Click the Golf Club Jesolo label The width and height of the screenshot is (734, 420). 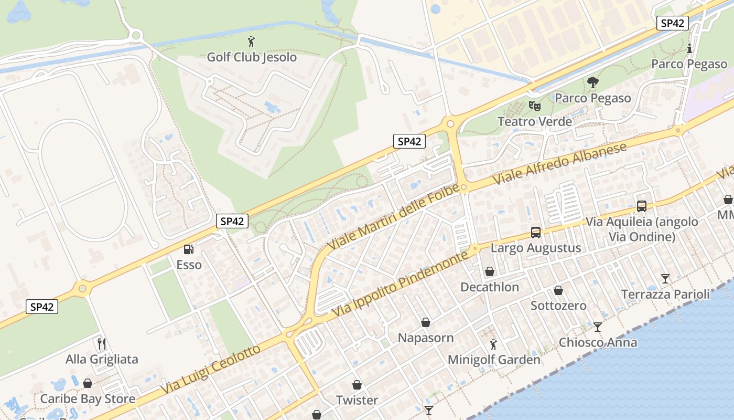pyautogui.click(x=252, y=57)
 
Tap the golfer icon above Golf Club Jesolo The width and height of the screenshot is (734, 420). pyautogui.click(x=252, y=40)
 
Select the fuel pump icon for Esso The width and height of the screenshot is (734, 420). pyautogui.click(x=188, y=249)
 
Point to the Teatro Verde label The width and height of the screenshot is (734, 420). pyautogui.click(x=534, y=121)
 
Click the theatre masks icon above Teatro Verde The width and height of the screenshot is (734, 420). pyautogui.click(x=534, y=106)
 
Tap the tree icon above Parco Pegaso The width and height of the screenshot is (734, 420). pyautogui.click(x=593, y=82)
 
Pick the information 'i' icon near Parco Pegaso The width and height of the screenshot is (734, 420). pyautogui.click(x=689, y=49)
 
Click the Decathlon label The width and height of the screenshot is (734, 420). pyautogui.click(x=489, y=287)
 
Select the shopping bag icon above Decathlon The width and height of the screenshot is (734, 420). pyautogui.click(x=489, y=271)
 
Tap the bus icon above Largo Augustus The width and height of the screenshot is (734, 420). pyautogui.click(x=535, y=232)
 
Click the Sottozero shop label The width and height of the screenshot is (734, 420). pyautogui.click(x=558, y=306)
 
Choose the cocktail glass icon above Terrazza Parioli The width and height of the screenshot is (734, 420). pyautogui.click(x=665, y=278)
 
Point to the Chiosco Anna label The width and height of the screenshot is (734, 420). pyautogui.click(x=598, y=342)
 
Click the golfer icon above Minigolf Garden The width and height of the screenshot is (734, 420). pyautogui.click(x=493, y=344)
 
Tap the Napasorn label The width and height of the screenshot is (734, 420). pyautogui.click(x=426, y=338)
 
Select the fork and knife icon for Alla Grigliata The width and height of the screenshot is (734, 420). pyautogui.click(x=102, y=344)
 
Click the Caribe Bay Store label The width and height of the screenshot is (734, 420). pyautogui.click(x=88, y=398)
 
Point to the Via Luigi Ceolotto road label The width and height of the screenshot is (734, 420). pyautogui.click(x=210, y=370)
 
